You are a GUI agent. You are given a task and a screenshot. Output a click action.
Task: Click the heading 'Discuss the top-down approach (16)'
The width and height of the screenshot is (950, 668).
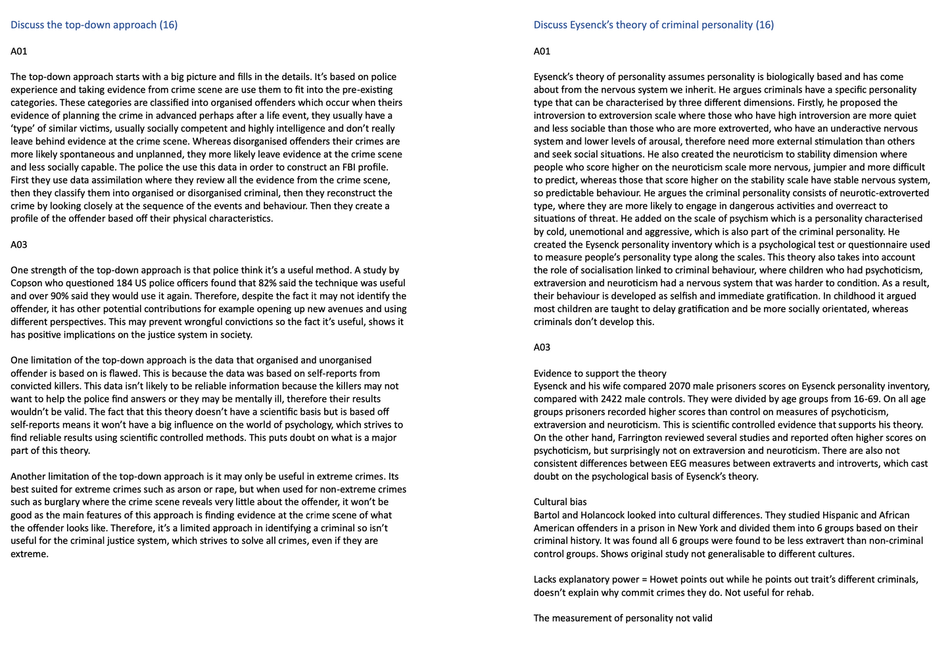(x=94, y=25)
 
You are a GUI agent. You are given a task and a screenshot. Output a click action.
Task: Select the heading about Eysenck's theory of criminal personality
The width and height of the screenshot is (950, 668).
(x=653, y=25)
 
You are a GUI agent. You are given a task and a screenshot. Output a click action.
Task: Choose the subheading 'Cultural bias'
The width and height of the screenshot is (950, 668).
(x=560, y=502)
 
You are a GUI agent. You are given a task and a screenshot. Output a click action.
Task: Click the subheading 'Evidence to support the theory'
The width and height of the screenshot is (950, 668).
(x=600, y=374)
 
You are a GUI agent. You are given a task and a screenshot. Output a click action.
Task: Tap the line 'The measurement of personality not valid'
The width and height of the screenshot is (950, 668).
(x=623, y=618)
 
